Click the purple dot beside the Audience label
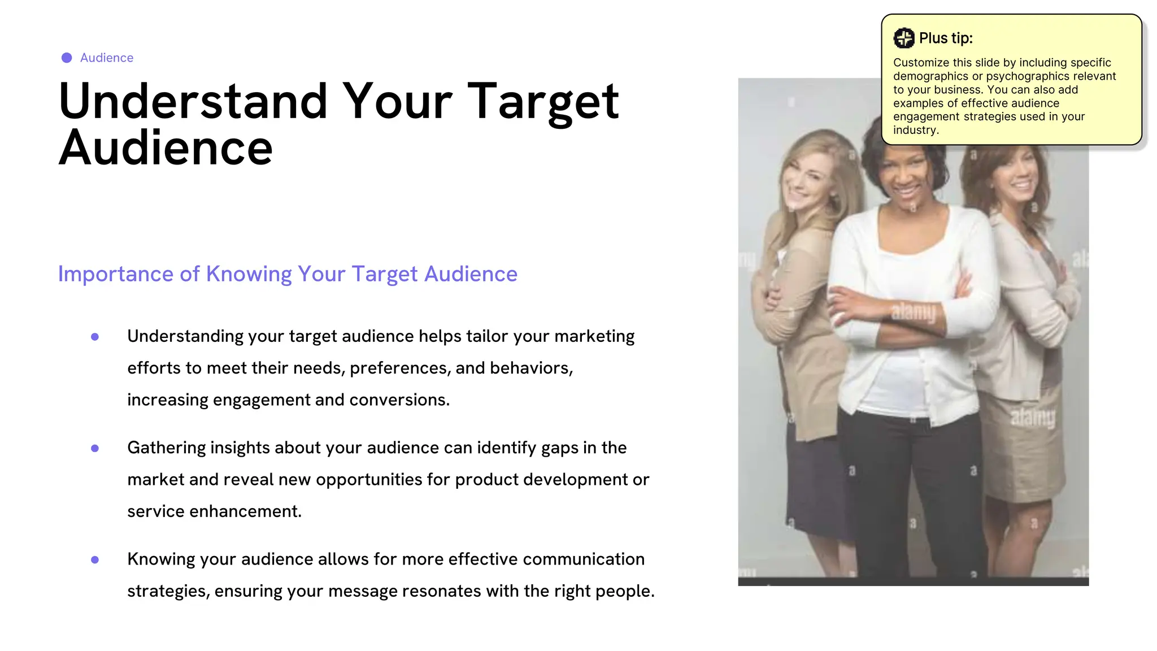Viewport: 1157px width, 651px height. click(67, 58)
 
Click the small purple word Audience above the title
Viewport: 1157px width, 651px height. click(107, 58)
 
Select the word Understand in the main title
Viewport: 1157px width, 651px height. click(193, 102)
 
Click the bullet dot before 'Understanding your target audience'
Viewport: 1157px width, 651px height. click(95, 337)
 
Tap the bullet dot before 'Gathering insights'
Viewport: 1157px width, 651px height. click(95, 448)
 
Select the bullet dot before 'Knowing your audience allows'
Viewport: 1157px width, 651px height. click(95, 559)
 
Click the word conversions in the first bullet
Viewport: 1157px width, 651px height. click(399, 400)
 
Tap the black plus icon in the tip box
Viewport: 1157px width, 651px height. click(904, 38)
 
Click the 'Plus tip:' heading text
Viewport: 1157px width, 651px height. click(946, 38)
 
